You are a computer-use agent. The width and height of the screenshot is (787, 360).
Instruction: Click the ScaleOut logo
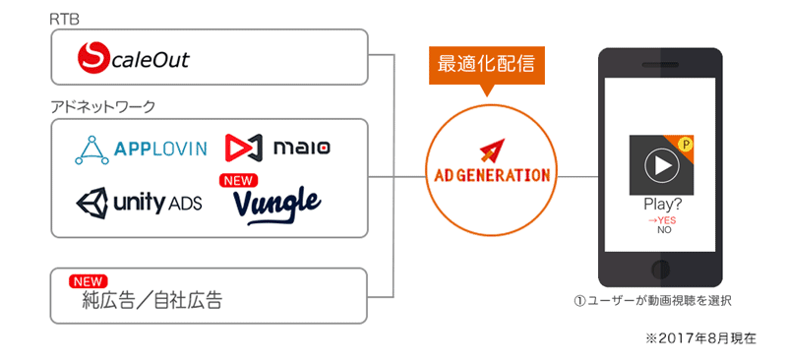(x=134, y=58)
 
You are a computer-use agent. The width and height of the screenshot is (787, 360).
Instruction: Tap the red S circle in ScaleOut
(x=93, y=58)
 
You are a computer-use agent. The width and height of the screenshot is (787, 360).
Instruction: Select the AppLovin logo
(x=141, y=150)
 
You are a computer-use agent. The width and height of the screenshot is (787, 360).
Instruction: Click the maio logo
(x=277, y=148)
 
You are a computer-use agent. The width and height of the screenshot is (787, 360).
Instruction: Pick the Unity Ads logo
(x=139, y=203)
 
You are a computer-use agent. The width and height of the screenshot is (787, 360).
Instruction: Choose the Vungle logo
(x=277, y=206)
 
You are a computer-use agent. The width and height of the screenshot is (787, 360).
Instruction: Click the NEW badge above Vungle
(x=238, y=180)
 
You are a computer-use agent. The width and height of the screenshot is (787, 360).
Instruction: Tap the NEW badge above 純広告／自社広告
(x=89, y=281)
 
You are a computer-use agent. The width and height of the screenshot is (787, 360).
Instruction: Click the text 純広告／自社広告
(x=151, y=300)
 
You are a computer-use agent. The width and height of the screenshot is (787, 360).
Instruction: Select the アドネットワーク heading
(x=103, y=107)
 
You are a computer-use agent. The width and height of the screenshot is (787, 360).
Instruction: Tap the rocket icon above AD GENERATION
(x=492, y=150)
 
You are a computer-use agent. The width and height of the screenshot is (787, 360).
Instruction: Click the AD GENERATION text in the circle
(x=492, y=175)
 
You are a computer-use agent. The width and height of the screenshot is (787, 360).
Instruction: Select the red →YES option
(x=660, y=221)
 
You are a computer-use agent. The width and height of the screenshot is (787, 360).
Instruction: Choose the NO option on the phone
(x=664, y=230)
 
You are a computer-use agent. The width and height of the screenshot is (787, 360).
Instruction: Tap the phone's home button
(x=660, y=269)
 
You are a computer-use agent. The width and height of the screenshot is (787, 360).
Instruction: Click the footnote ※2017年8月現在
(x=700, y=339)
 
